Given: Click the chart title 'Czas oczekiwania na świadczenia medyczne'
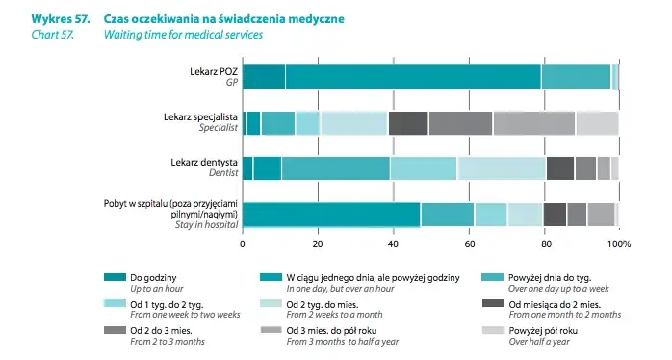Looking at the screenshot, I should tap(222, 18).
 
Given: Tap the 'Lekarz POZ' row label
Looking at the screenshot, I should tap(214, 72).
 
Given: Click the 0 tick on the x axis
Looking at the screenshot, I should tap(243, 244).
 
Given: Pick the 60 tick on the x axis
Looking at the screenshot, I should tap(469, 244).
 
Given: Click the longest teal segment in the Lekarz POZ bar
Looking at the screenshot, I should tap(413, 76).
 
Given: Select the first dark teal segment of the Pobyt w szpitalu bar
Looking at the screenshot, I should tap(331, 214).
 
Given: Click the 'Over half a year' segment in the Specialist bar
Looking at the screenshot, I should tap(597, 122).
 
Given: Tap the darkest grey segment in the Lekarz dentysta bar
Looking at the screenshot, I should tap(559, 167).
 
